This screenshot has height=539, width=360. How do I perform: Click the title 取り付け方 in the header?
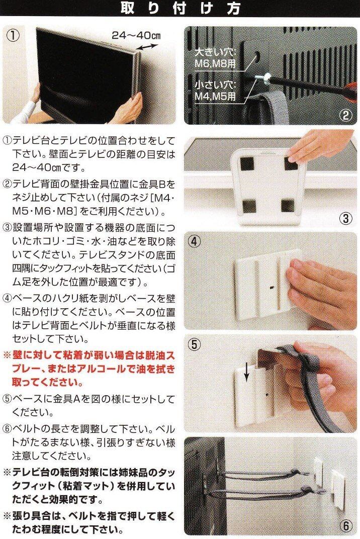[180, 8]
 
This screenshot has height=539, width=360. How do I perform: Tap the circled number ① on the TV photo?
[13, 36]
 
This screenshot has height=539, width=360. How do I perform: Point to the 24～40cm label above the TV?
[136, 35]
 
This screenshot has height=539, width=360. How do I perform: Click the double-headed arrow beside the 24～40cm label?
[147, 46]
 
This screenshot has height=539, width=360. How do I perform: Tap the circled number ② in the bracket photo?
[345, 115]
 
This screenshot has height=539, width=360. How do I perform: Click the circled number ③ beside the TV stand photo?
[345, 219]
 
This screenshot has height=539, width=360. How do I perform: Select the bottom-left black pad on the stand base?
[249, 206]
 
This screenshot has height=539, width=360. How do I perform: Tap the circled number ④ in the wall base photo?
[195, 242]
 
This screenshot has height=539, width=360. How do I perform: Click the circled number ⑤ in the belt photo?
[195, 344]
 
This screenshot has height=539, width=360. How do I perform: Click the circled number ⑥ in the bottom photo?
[345, 526]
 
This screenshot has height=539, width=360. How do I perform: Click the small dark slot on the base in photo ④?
[272, 286]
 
